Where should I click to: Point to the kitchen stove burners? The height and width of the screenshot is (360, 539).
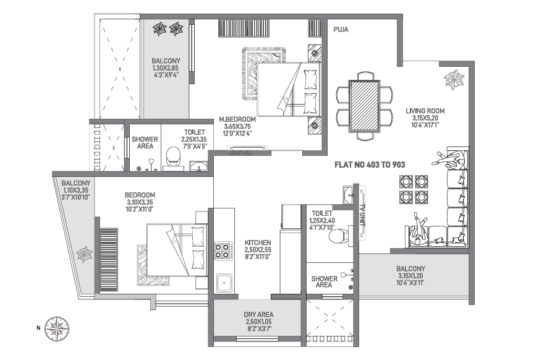pos(222,251)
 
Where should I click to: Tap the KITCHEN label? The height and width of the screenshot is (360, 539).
pos(255,242)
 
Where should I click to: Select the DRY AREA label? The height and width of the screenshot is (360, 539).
pos(258,315)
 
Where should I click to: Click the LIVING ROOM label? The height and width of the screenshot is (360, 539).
pos(425,111)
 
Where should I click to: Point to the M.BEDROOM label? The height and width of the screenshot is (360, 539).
pos(237,119)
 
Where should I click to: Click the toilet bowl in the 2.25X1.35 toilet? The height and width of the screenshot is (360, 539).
pos(173,157)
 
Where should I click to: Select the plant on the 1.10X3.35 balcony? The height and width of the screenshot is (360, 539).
pos(84,254)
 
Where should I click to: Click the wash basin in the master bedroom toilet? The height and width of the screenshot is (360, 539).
pos(198,165)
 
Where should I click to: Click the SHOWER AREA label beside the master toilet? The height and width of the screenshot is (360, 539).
pos(145,143)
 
